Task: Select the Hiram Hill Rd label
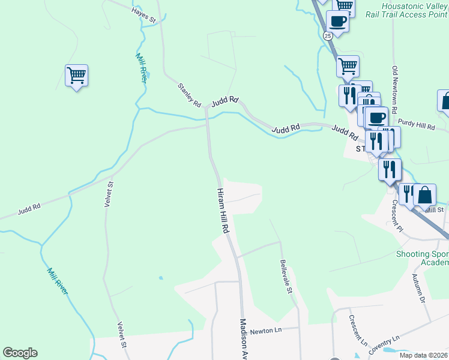223,209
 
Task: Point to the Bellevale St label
286,276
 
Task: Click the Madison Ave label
244,338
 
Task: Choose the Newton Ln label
266,331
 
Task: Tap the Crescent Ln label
358,331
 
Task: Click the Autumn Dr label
418,289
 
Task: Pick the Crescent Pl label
397,216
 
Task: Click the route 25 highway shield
327,36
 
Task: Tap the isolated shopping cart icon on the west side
76,76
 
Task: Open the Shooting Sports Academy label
422,258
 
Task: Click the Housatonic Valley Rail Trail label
406,9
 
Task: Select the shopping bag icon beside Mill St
424,196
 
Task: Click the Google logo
20,353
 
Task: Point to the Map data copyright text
423,355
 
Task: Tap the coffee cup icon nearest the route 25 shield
337,22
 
